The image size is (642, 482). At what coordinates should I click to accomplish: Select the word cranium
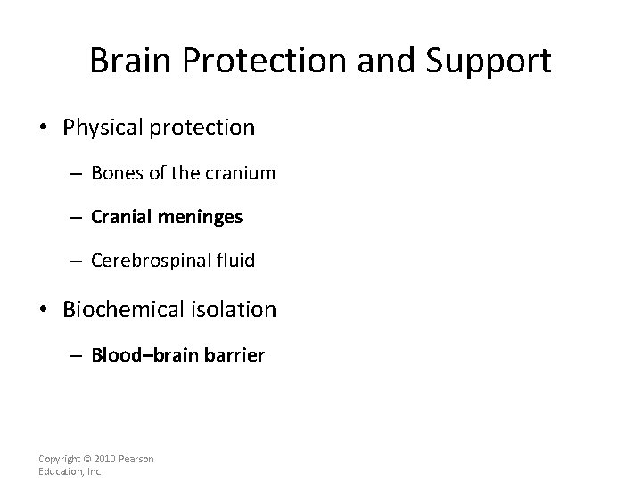pos(242,173)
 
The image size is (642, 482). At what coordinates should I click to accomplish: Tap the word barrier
pos(235,355)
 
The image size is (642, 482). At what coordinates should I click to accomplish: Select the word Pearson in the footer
pos(136,459)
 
